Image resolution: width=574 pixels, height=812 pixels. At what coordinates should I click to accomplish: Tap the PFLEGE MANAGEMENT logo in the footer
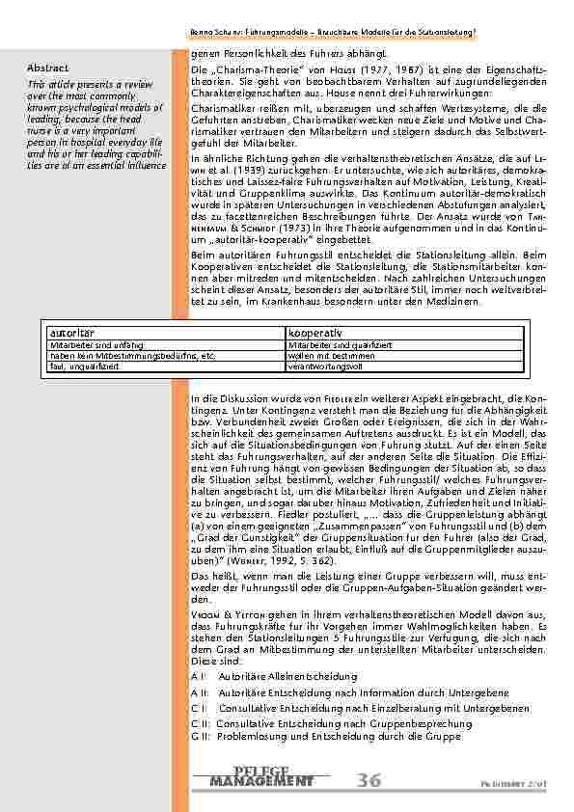261,776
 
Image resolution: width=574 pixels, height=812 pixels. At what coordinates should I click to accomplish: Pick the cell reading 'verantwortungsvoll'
323,365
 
